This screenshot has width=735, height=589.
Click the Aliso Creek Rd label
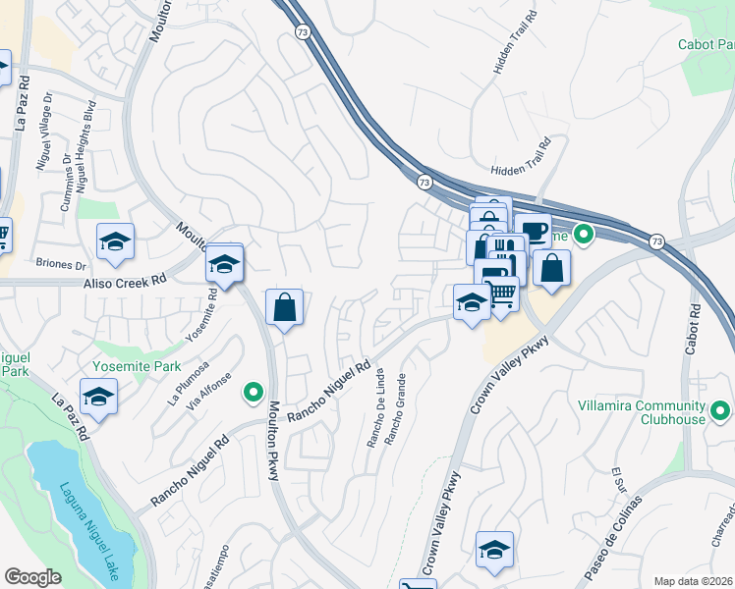coord(124,282)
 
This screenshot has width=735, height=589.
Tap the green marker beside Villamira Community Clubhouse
coord(720,410)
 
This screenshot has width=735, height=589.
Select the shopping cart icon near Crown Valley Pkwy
coord(502,294)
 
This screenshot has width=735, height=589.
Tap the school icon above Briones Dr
coord(115,242)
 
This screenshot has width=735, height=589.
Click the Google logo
coord(33,577)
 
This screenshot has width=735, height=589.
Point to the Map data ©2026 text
coord(694,581)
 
